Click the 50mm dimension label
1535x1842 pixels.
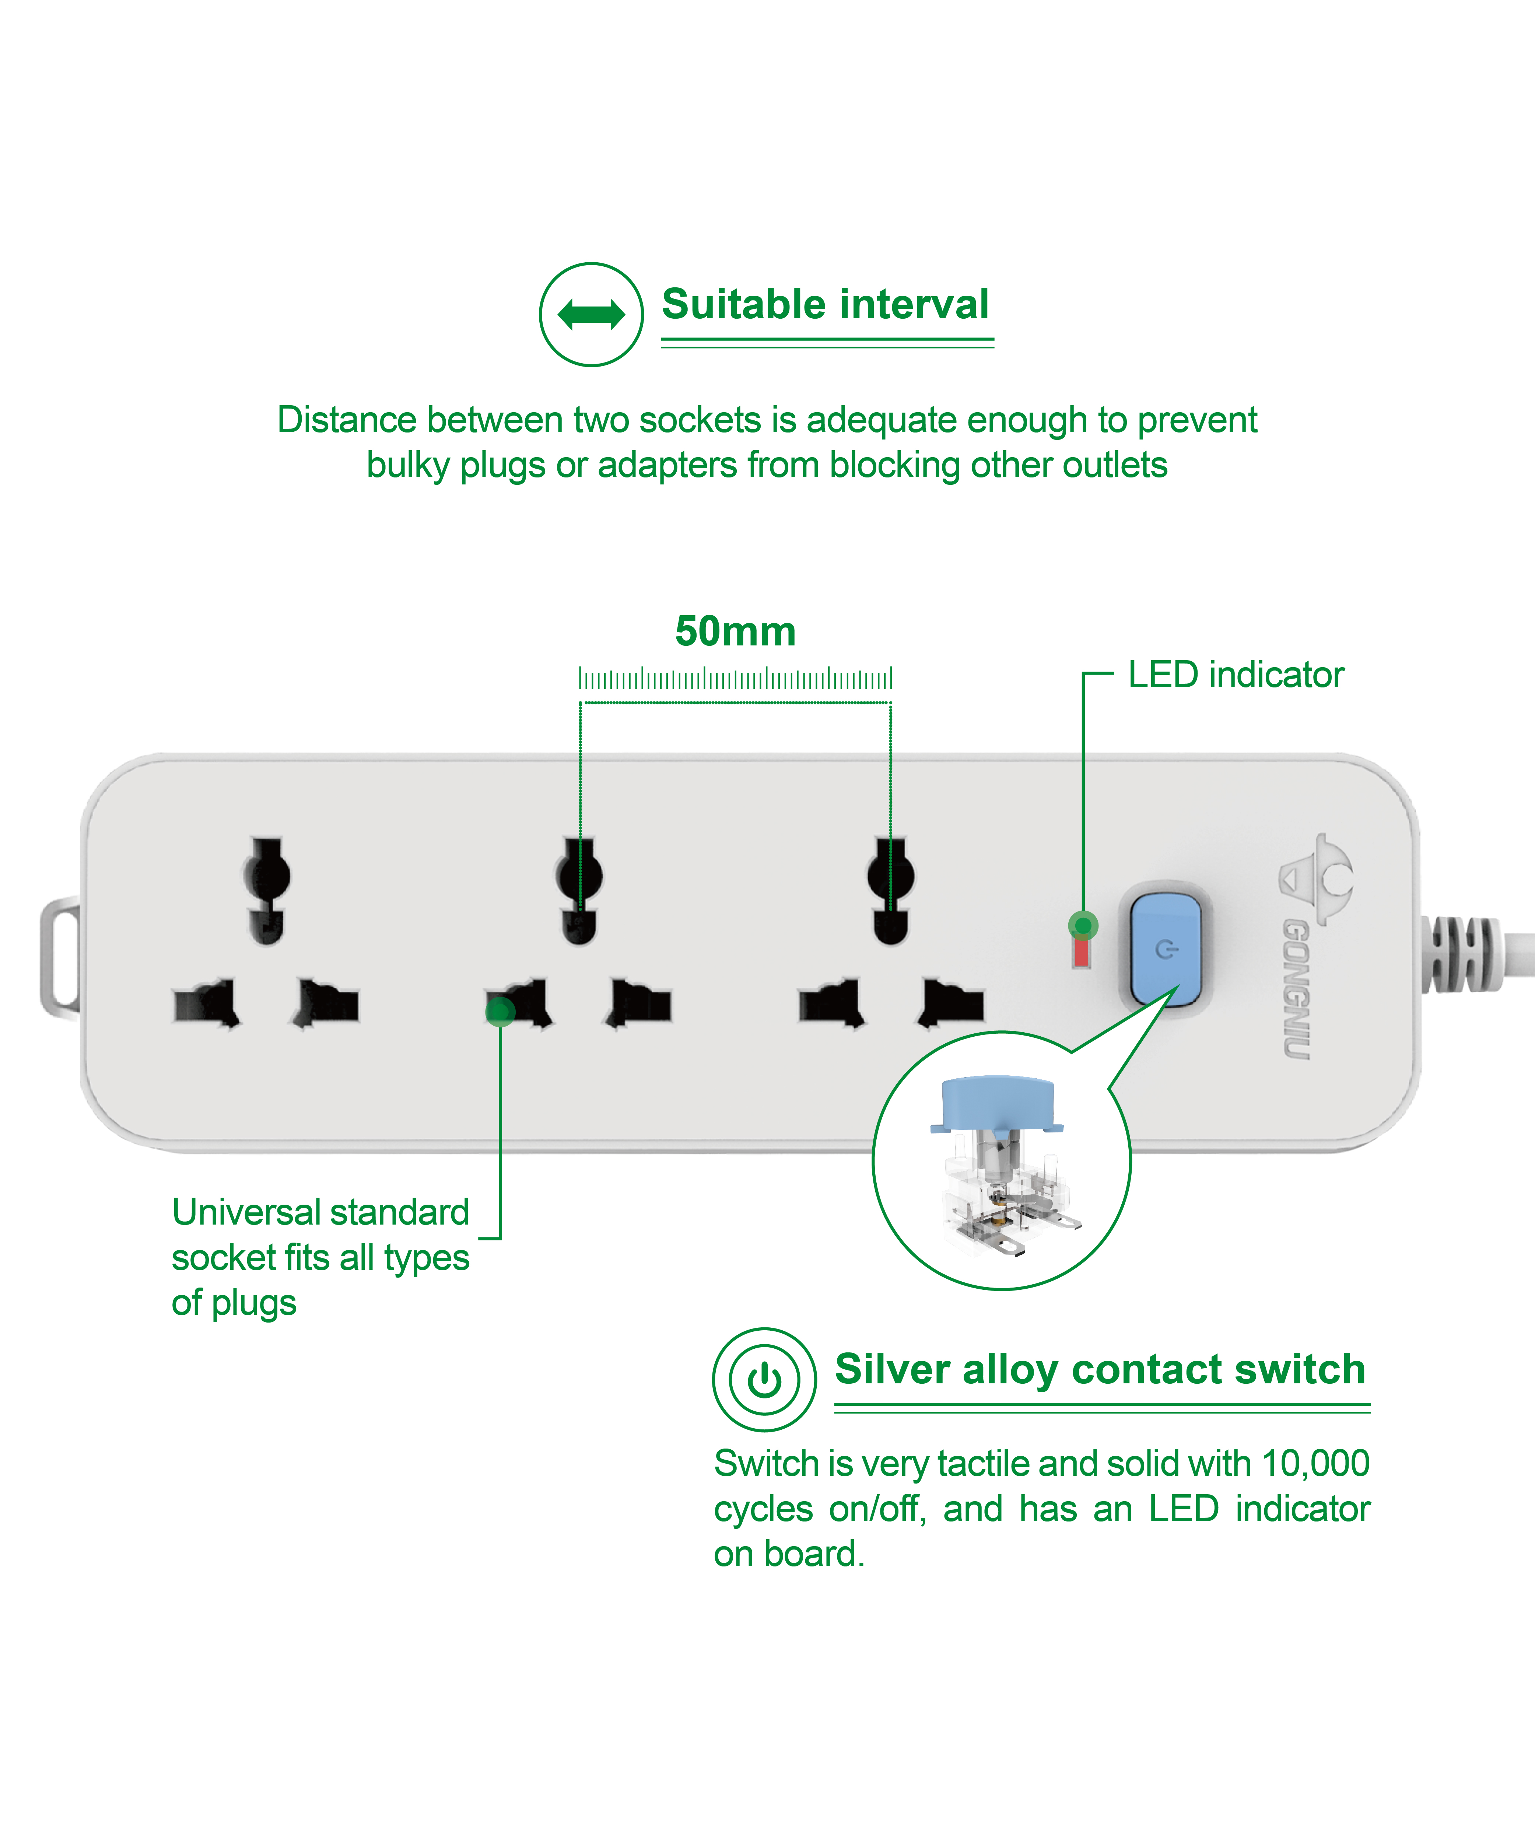pos(735,631)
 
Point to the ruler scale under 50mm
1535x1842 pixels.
pos(735,678)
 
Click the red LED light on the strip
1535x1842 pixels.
pos(1082,952)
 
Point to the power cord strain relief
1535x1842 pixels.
pos(1461,954)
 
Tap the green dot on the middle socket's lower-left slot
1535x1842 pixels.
pos(500,1011)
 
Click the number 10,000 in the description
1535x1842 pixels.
pos(1315,1463)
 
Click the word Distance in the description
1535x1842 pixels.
pos(347,420)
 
